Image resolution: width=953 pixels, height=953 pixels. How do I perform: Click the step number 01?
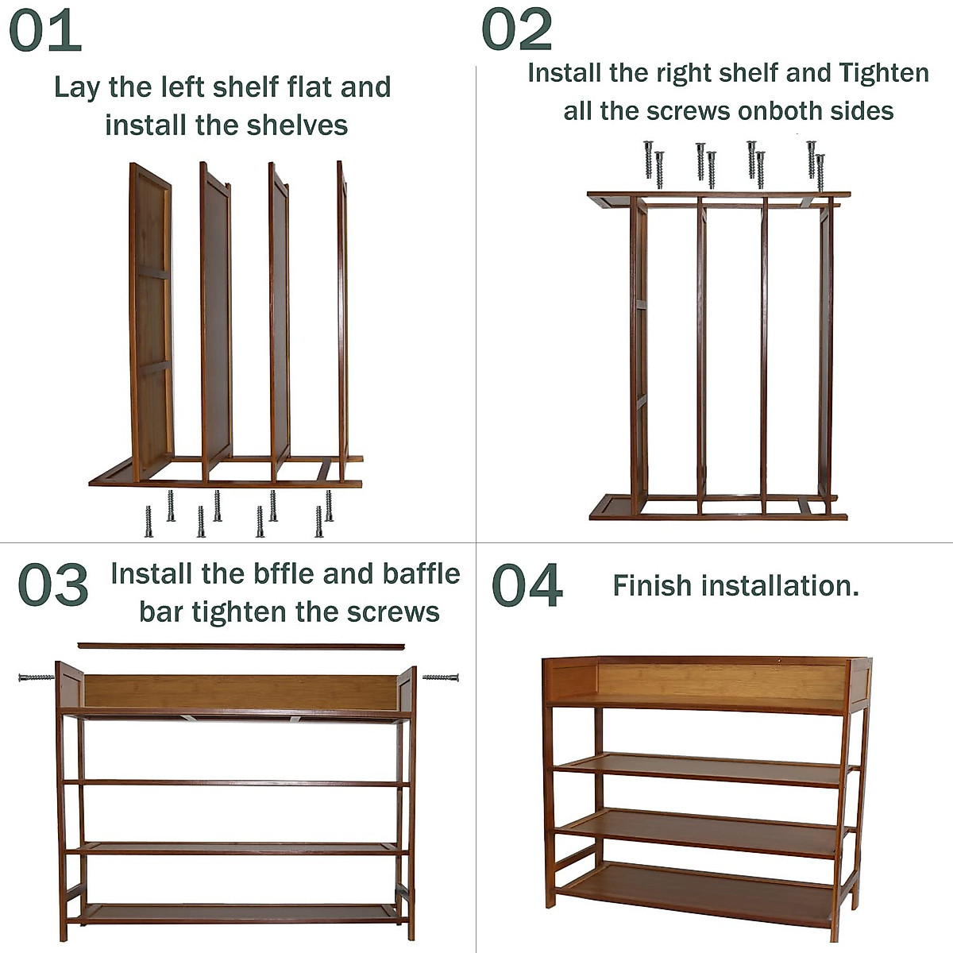(45, 30)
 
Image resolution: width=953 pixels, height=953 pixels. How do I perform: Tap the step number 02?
(517, 30)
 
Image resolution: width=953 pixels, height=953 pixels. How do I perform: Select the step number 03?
(52, 585)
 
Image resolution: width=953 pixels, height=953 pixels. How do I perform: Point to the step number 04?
(527, 586)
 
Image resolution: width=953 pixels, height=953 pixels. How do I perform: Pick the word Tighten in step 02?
(884, 73)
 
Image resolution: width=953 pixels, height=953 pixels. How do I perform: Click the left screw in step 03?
(36, 677)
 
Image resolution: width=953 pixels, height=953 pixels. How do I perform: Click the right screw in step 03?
(441, 677)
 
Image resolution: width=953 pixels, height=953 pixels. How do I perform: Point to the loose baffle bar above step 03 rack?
(241, 646)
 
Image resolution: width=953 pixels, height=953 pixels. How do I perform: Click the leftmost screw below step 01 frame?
(149, 522)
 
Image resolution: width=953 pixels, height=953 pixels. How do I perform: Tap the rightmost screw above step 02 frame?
(820, 171)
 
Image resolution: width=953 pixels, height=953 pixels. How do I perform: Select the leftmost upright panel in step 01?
(151, 322)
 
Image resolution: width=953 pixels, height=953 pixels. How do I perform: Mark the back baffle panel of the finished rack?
(719, 681)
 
